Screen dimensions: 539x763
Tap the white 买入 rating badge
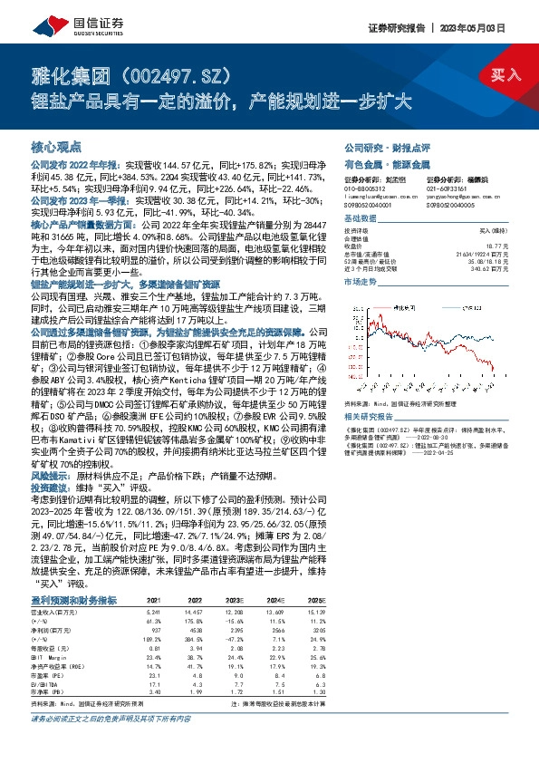click(505, 74)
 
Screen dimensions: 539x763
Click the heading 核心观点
click(56, 145)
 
